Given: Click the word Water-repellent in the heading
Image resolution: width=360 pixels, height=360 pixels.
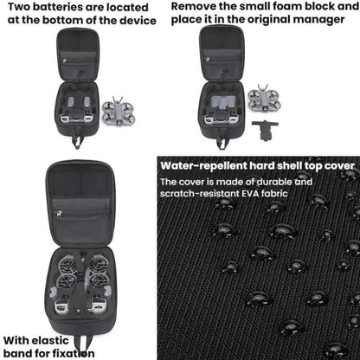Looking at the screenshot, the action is coord(203,166).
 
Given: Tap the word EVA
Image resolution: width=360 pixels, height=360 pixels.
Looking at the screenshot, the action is coord(250,194).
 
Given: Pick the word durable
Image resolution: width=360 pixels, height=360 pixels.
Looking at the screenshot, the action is coord(274,182).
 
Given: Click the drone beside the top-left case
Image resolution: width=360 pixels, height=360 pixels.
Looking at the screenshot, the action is coord(119,111).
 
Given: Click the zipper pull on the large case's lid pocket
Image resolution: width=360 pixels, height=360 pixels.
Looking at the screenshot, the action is coord(60,214).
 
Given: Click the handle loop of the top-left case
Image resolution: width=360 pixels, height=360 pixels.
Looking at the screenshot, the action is coord(77,142).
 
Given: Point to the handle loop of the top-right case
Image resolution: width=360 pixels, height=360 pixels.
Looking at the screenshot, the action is coord(222,142).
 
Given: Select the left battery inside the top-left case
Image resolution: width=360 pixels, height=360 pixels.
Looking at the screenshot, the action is coord(71,102).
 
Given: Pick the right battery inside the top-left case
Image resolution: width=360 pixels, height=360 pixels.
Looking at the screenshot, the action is coord(87,102).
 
